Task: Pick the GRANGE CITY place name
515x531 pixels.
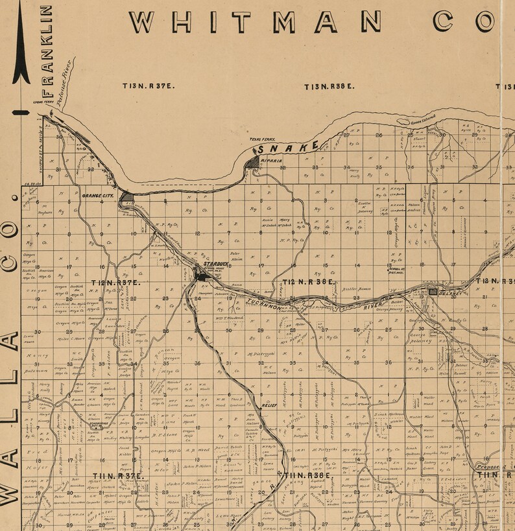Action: coord(98,195)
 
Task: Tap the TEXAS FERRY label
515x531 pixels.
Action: coord(263,139)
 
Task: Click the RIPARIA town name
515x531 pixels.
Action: coord(270,159)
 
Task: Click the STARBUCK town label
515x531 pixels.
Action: coord(215,264)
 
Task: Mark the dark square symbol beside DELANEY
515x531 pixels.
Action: coord(433,293)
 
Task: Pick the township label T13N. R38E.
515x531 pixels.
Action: coord(329,86)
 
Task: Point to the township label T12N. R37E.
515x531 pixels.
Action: coord(116,283)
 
